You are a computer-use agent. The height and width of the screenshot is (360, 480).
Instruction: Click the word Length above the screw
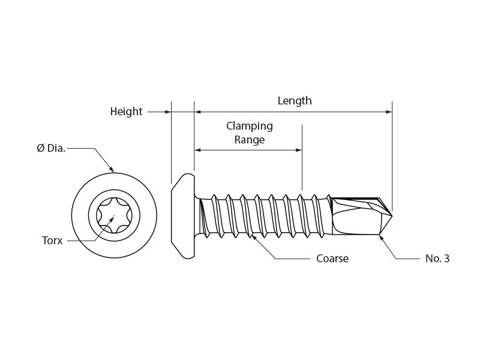pos(295,101)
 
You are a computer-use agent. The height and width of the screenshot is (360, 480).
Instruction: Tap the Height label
pos(126,112)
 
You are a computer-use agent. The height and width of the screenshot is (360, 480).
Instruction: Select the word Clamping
pos(249,126)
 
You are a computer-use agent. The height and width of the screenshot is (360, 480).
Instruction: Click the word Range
pos(249,140)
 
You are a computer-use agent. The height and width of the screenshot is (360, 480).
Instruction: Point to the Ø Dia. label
pos(51,148)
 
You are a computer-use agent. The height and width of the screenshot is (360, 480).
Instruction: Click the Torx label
pos(52,241)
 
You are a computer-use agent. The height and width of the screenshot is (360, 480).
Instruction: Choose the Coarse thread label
pos(332,259)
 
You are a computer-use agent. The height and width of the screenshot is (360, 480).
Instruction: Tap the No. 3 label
pos(437,259)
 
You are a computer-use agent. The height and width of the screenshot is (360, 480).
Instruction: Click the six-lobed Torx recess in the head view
pos(114,215)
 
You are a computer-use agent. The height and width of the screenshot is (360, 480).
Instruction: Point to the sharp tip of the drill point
pos(392,215)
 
